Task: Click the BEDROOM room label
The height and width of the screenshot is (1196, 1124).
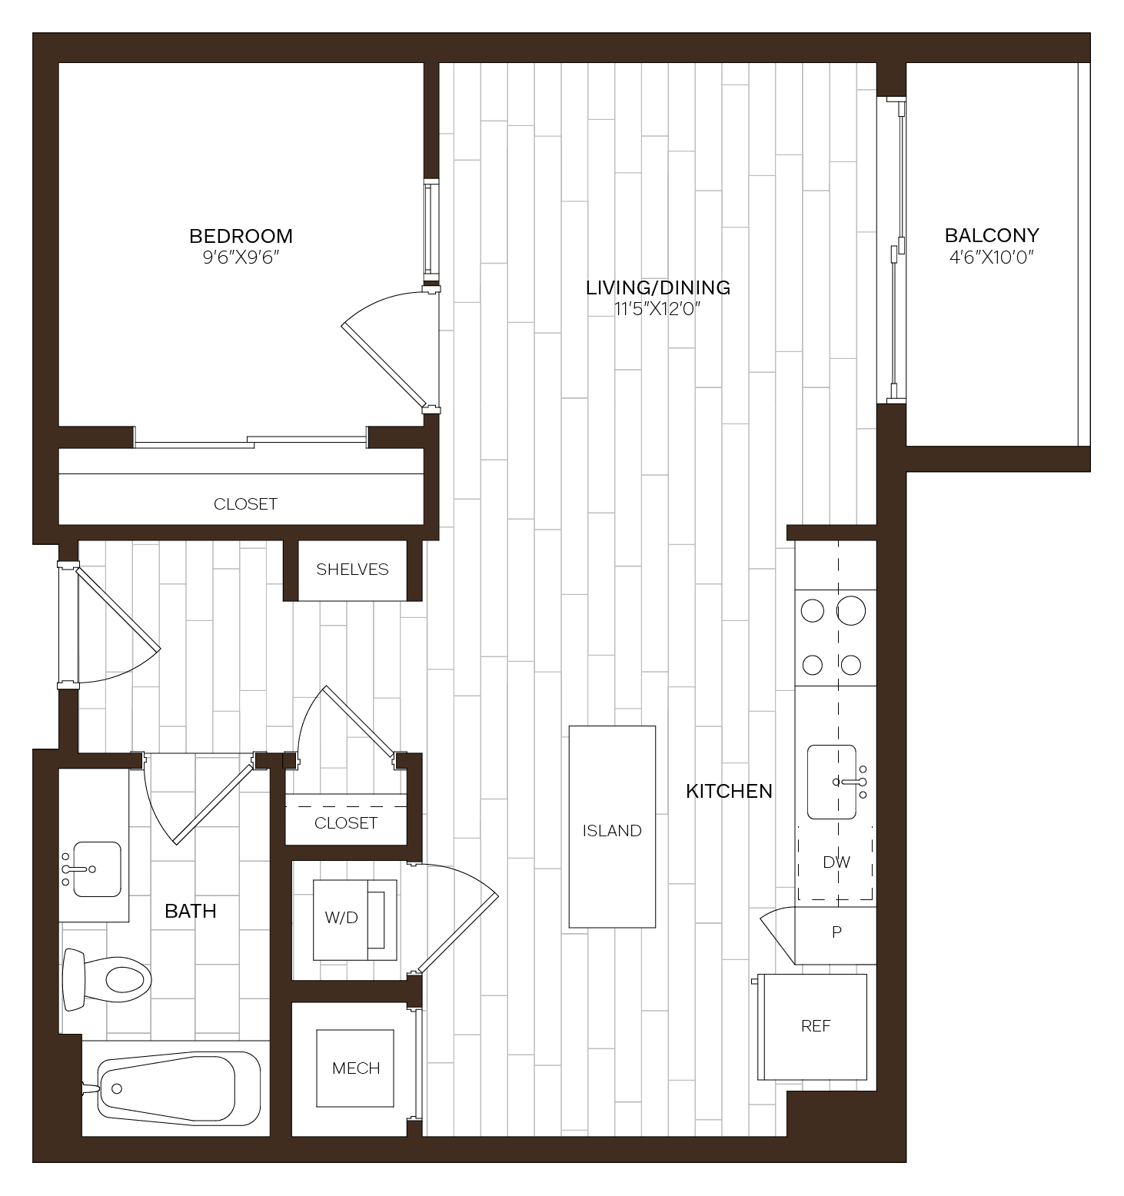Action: coord(241,236)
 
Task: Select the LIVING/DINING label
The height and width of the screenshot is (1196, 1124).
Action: coord(657,287)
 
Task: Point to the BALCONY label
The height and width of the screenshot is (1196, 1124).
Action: coord(991,235)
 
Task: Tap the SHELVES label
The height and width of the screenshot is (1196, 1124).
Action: coord(352,570)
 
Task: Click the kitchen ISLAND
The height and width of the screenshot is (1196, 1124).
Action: coord(612,827)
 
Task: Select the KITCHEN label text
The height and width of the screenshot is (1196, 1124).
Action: coord(729,791)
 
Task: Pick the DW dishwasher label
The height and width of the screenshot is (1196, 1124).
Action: coord(836,862)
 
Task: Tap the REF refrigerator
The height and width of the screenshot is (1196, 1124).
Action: coord(815,1026)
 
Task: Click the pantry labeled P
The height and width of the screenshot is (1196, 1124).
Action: coord(836,932)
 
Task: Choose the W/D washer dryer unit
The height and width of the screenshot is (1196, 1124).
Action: coord(354,919)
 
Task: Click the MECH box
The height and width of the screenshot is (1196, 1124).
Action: coord(356,1068)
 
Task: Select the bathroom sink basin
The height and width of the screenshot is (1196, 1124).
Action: coord(96,869)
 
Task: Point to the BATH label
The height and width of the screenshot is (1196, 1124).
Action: coord(190,912)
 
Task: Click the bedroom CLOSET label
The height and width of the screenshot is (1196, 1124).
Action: coord(245,504)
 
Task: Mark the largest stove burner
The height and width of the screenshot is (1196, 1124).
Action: coord(851,611)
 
